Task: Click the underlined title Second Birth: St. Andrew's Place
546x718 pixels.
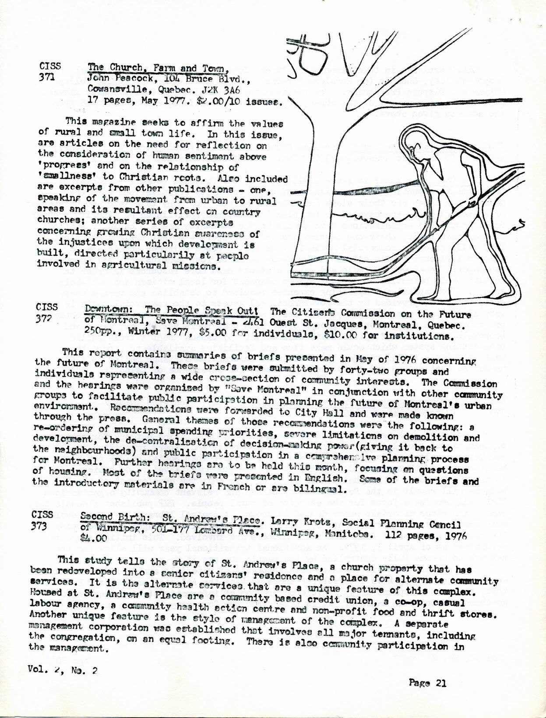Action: point(171,518)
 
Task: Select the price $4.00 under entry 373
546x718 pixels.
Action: point(93,535)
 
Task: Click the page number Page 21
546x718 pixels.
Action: point(427,683)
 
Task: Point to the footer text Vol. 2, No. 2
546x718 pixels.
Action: point(62,669)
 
